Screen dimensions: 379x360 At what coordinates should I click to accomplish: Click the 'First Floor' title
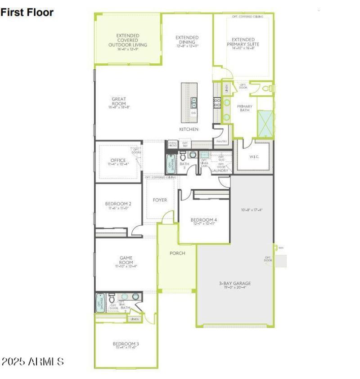27,12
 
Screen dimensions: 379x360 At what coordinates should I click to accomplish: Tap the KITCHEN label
189,129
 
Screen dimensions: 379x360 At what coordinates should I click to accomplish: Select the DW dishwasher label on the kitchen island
193,113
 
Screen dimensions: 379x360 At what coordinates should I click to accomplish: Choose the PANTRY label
221,141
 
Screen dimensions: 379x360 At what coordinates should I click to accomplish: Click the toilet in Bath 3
193,155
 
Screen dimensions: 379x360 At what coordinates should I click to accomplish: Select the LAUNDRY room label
220,170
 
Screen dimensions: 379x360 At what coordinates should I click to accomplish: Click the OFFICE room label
118,161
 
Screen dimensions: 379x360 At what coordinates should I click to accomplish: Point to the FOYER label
160,200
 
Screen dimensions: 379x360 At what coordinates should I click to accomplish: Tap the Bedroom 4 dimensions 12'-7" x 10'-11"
204,223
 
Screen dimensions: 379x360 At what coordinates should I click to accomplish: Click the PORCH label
177,253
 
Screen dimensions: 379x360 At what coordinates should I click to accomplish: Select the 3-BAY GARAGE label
235,283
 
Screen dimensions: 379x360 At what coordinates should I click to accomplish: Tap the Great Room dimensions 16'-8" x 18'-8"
119,107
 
